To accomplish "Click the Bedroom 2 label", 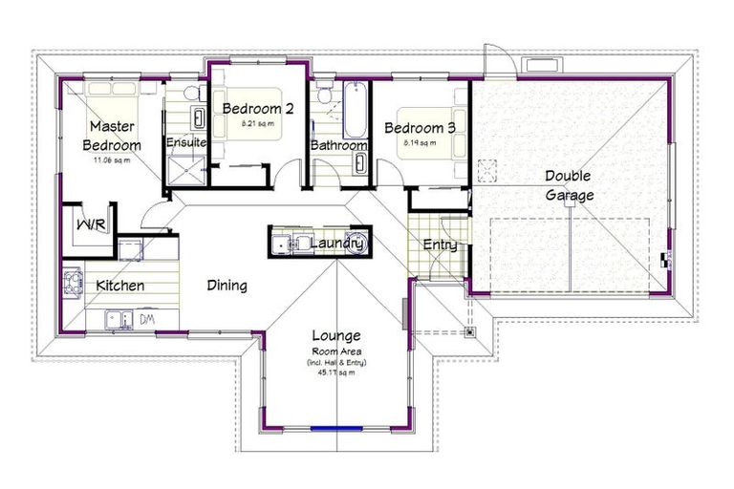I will click(x=258, y=109).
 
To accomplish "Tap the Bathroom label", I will click(x=338, y=146).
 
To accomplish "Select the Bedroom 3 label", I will click(x=420, y=128).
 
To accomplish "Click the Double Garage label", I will click(x=568, y=185).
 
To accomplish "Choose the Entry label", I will click(x=440, y=245).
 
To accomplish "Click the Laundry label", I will click(x=336, y=244).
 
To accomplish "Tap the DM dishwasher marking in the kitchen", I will click(x=148, y=318).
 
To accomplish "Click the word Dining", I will click(x=227, y=285).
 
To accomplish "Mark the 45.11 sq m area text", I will click(x=336, y=373).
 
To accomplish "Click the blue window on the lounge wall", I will click(x=336, y=427).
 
